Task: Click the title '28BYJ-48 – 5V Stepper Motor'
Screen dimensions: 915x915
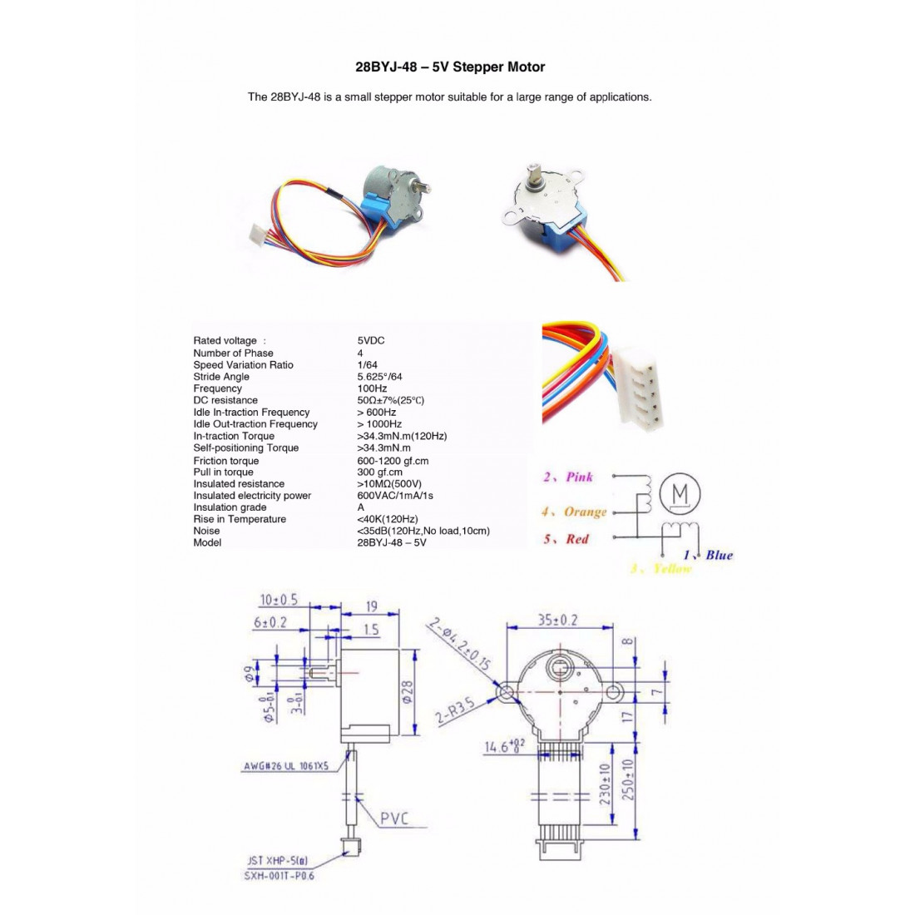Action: pos(450,67)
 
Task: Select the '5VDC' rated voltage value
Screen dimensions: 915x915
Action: pos(371,340)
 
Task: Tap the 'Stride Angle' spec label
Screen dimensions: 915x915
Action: pos(221,377)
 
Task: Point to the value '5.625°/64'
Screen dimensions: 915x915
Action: pos(379,377)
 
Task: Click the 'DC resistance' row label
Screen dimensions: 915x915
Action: pos(225,400)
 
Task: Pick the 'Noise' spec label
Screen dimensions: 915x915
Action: pos(207,531)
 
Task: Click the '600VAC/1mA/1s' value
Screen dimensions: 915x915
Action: pos(395,496)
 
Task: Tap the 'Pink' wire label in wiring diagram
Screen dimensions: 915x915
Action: pos(579,477)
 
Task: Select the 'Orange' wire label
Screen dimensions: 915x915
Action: pos(585,512)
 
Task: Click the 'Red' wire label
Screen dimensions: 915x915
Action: pos(576,539)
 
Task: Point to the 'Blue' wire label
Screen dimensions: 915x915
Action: pos(719,555)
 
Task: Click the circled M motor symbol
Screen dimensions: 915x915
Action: pos(680,494)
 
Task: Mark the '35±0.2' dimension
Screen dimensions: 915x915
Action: pos(556,620)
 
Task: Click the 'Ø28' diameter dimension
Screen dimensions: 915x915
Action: pos(408,691)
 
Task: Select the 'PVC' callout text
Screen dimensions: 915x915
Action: pos(394,819)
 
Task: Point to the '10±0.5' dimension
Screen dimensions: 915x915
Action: pos(279,600)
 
